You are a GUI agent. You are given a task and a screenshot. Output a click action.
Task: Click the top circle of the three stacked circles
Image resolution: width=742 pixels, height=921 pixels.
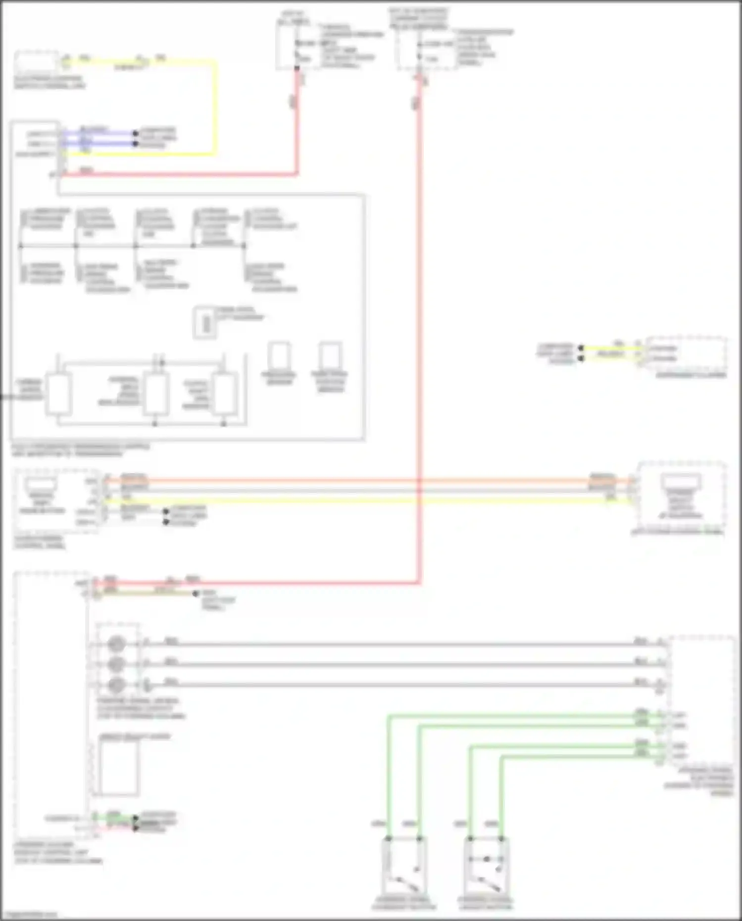(x=116, y=644)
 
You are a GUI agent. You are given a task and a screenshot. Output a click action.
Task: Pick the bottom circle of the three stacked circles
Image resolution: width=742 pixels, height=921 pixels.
(x=116, y=684)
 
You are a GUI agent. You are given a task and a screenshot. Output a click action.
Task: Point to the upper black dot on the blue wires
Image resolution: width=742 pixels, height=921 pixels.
(x=135, y=133)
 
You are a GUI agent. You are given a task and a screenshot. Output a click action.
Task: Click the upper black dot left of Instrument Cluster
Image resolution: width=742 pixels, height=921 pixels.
(x=581, y=348)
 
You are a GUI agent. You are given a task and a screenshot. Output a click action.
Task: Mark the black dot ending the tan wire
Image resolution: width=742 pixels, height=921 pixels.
(x=196, y=593)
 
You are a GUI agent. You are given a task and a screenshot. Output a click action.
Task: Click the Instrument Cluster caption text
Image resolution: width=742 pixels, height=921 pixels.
(x=691, y=375)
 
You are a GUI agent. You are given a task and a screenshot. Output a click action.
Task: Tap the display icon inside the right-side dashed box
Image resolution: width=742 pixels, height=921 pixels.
(x=681, y=481)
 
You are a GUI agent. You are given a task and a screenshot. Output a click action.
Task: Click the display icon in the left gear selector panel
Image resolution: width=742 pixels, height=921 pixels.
(x=42, y=484)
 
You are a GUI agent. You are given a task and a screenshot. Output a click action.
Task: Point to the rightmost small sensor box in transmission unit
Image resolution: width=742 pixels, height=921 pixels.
(x=330, y=355)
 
